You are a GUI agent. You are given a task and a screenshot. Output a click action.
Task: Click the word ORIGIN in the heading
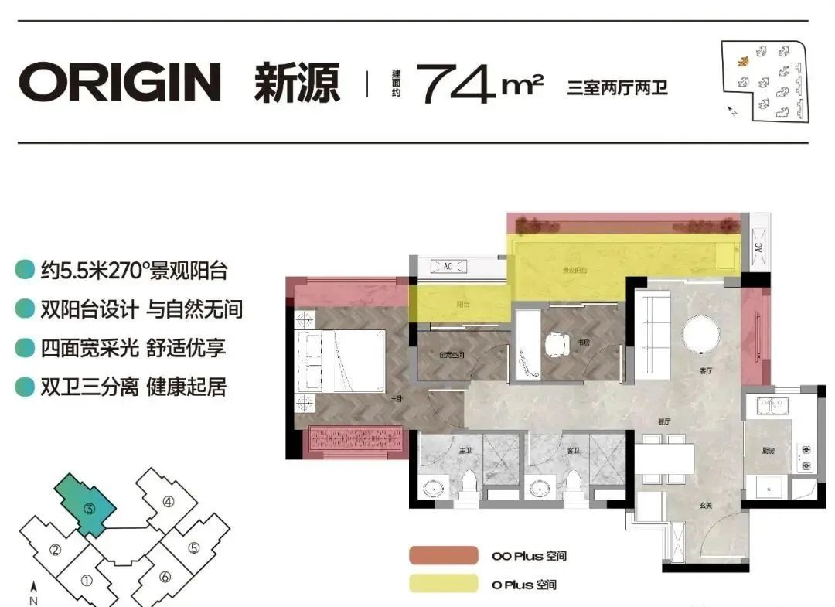(120, 82)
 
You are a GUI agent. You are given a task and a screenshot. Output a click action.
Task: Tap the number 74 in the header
(456, 83)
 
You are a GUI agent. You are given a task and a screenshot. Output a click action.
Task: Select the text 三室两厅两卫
(617, 87)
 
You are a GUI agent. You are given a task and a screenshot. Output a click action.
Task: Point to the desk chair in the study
(557, 345)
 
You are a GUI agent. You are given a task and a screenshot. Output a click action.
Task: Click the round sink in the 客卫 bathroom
(538, 489)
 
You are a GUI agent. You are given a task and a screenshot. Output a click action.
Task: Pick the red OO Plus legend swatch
(444, 555)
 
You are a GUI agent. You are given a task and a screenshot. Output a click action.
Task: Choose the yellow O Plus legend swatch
(444, 584)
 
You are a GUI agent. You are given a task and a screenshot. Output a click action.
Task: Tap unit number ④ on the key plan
(169, 501)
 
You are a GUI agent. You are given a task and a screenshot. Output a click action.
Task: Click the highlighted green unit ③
(90, 508)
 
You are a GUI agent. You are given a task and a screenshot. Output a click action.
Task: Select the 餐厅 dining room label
(663, 422)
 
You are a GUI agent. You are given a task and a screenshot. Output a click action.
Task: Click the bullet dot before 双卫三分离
(26, 387)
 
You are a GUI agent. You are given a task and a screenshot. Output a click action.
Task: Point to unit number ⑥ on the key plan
(165, 576)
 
